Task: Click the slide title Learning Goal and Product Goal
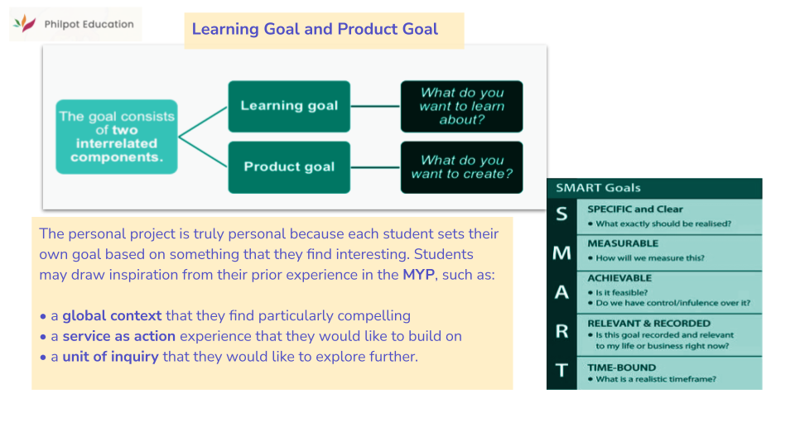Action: (315, 30)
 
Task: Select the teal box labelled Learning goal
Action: (289, 106)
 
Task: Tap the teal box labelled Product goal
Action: (289, 167)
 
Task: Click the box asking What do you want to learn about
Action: (461, 106)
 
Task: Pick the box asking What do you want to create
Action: (461, 167)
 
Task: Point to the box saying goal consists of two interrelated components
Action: (116, 137)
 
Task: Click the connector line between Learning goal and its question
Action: (375, 106)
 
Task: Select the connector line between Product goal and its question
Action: (375, 167)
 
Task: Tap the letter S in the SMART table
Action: (561, 215)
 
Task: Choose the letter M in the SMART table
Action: (561, 252)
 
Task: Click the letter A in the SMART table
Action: (561, 292)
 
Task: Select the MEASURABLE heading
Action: (623, 243)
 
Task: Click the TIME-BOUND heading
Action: (621, 367)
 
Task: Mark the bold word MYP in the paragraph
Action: (418, 275)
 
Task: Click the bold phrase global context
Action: (113, 315)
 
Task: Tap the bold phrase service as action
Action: (118, 336)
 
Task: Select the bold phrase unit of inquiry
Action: (110, 357)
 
